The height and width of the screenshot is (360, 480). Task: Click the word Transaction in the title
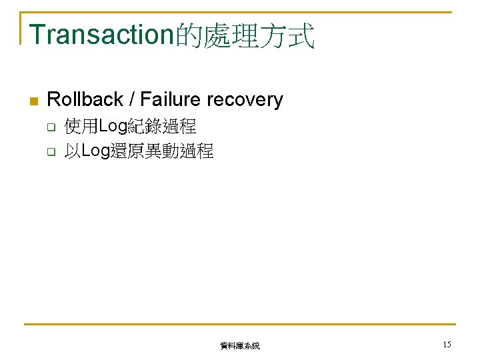tap(102, 35)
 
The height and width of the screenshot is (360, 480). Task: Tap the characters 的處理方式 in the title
tap(245, 35)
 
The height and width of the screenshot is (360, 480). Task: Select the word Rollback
tap(85, 100)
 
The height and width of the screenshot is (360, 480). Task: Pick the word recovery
tap(245, 100)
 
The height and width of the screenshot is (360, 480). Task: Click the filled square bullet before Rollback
tap(34, 101)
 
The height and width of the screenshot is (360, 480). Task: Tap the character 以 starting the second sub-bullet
tap(72, 151)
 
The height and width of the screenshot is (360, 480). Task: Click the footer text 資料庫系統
tap(240, 346)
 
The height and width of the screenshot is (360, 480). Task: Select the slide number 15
tap(446, 344)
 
